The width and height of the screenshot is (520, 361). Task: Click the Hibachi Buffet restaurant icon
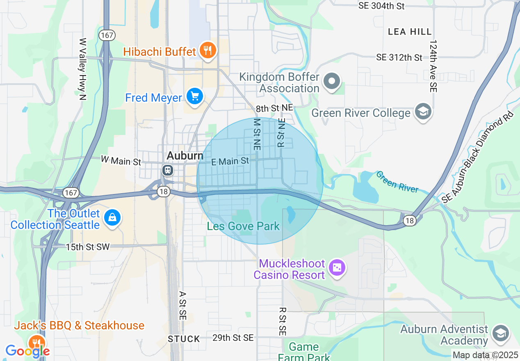[x=208, y=50]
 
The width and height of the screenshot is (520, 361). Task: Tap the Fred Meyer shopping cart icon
[x=194, y=97]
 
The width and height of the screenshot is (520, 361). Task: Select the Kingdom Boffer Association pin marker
[x=332, y=81]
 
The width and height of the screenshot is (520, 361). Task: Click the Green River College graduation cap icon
[x=423, y=112]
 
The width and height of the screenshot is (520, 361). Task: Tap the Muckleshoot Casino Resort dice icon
[x=337, y=268]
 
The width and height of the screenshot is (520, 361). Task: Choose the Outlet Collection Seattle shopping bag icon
[x=112, y=217]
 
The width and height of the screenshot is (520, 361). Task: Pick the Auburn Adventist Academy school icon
[x=500, y=333]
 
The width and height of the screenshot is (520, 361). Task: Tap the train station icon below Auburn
[x=167, y=170]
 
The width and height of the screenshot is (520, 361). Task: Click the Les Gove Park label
[x=243, y=226]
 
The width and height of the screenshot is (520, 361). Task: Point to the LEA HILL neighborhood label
[x=410, y=32]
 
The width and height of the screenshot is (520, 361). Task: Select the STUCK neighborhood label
[x=184, y=339]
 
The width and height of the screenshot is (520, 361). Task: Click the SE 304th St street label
[x=381, y=6]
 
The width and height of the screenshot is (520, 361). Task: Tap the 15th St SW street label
[x=88, y=247]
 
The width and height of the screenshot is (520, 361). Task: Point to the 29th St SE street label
[x=233, y=338]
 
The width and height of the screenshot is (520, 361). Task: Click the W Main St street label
[x=121, y=160]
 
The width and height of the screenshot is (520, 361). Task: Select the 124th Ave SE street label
[x=433, y=66]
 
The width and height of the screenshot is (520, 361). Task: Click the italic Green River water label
[x=397, y=182]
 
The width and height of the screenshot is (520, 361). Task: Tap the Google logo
[x=27, y=351]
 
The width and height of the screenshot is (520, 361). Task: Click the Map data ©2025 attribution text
[x=485, y=355]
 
